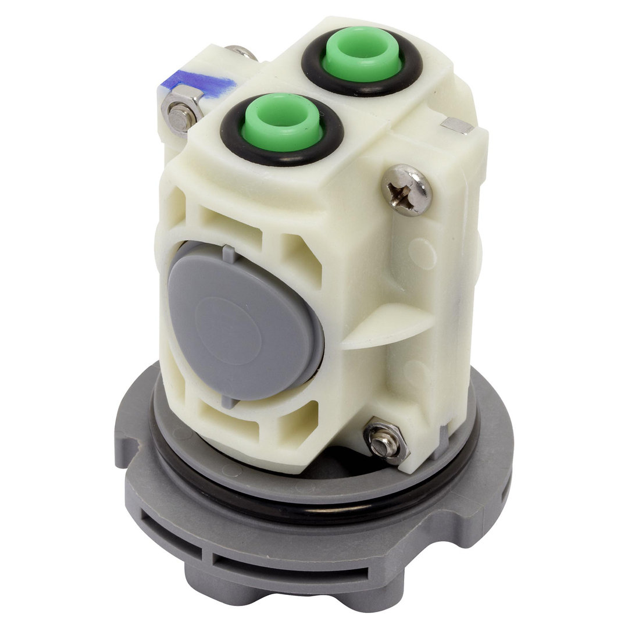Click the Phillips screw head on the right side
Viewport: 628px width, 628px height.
coord(407,190)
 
